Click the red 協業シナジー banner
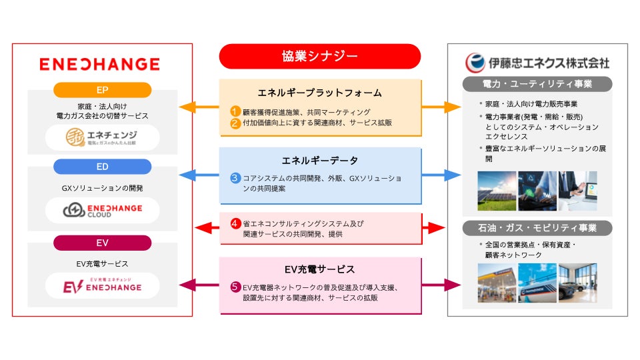320,56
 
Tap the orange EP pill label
103,90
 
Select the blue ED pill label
103,167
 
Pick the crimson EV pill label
103,243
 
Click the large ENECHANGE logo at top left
99,64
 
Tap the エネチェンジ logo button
103,138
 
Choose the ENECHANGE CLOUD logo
103,211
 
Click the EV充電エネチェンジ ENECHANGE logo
103,285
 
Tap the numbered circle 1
235,112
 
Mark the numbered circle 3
235,178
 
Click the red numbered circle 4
235,223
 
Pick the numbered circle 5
235,287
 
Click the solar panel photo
497,191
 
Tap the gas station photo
497,283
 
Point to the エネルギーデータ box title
320,160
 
